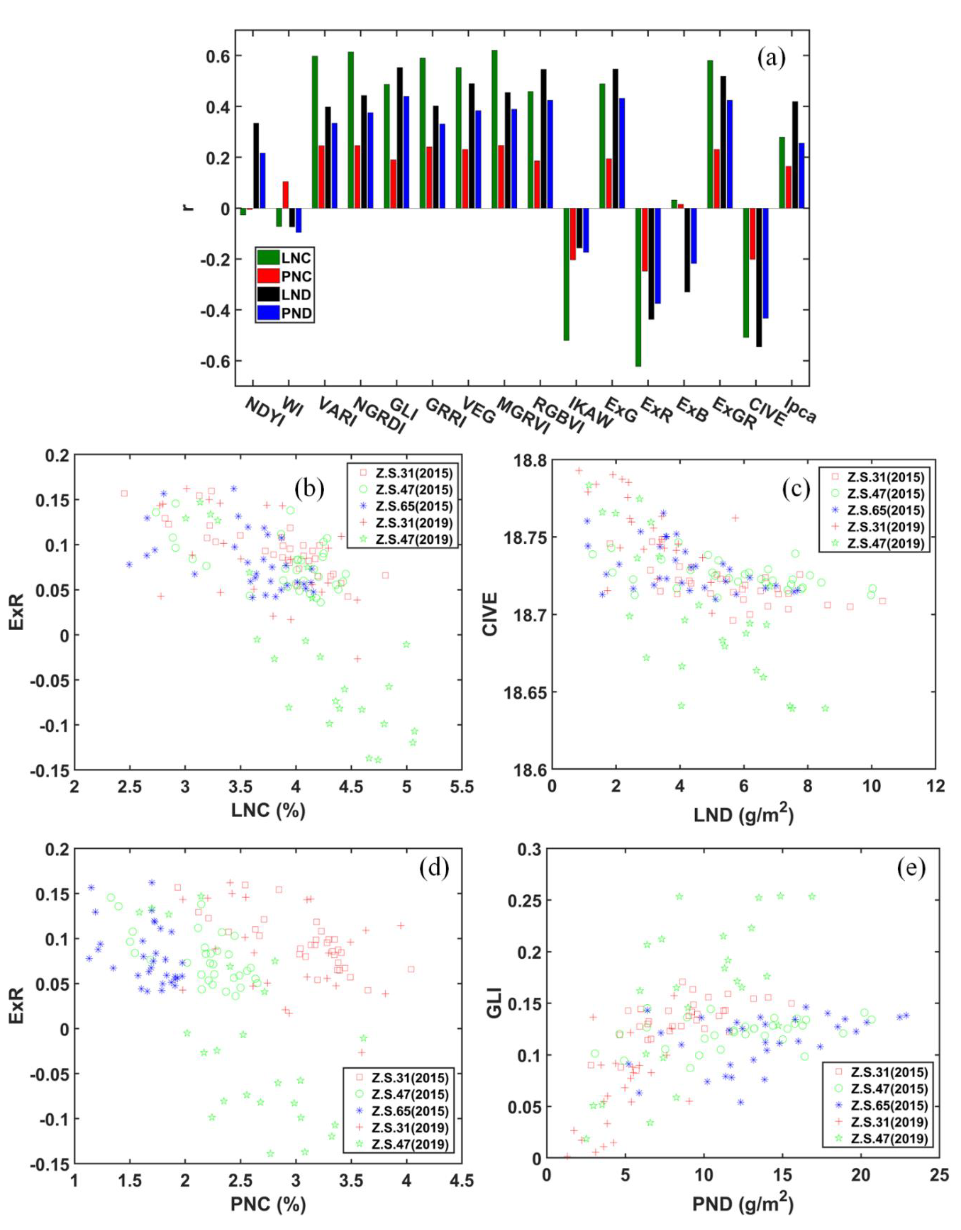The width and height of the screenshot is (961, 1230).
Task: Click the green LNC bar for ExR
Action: (x=638, y=287)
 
